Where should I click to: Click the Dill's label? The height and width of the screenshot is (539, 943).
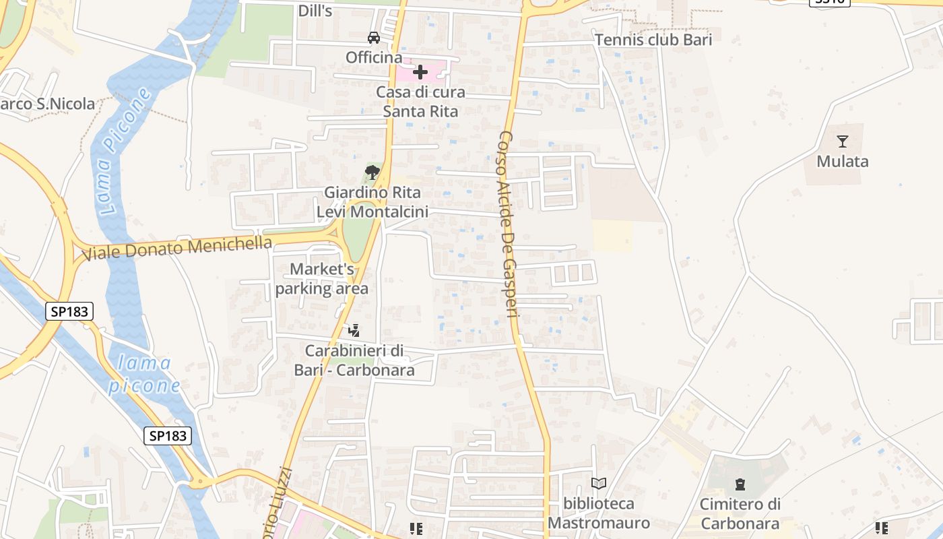coord(315,11)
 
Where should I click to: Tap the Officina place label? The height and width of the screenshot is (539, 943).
coord(374,58)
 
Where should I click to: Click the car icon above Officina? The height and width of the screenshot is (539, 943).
coord(373,38)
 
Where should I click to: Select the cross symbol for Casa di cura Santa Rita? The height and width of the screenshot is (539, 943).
coord(420,72)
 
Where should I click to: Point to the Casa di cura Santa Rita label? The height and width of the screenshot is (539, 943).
coord(420,102)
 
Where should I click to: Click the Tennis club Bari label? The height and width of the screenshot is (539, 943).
coord(653,40)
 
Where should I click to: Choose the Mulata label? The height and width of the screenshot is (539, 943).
coord(842,162)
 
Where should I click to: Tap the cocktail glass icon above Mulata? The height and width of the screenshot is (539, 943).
coord(842,141)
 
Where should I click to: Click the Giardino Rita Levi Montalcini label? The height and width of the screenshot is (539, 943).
coord(372,202)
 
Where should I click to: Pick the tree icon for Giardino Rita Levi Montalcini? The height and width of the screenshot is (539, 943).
coord(372,172)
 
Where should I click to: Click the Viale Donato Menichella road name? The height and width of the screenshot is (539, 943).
coord(177,248)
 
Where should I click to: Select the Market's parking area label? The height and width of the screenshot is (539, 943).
coord(322,279)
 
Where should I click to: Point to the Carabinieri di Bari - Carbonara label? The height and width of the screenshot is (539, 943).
coord(354,360)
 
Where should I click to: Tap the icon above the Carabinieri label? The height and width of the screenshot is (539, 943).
coord(354,331)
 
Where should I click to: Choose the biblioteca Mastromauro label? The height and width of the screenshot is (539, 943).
coord(599,513)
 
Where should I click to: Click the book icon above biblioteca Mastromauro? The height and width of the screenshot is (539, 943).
coord(598,483)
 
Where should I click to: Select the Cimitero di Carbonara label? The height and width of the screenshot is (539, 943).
coord(740,513)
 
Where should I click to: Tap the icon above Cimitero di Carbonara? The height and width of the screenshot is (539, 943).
coord(740,484)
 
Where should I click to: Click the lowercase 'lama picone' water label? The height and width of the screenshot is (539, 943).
coord(144,375)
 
